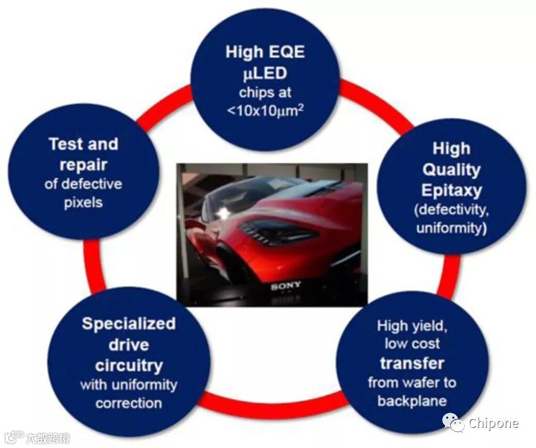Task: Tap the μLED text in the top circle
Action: coord(265,73)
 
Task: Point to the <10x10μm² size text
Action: coord(265,110)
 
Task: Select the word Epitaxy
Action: coord(451,190)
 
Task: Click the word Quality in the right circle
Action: coord(451,169)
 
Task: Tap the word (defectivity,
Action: coord(451,210)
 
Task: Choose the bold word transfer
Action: coord(412,363)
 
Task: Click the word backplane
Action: coord(412,401)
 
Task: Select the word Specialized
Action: coord(129,324)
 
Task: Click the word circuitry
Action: coord(129,365)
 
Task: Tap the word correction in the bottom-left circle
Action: coord(129,403)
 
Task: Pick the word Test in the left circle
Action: coord(66,144)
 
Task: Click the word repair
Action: coord(83,165)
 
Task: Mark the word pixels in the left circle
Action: coord(83,202)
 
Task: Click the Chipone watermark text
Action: coord(493,424)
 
